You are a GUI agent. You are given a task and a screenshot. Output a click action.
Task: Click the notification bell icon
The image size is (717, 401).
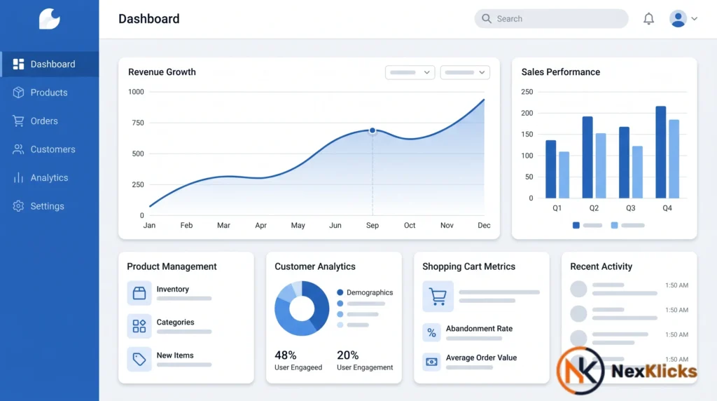[x=648, y=19]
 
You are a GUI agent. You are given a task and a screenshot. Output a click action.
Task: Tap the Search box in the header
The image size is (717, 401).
[x=551, y=19]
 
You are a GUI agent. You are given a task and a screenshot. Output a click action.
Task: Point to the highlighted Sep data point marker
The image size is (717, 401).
[x=373, y=130]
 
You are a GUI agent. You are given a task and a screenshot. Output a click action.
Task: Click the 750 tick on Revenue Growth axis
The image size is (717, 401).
[x=138, y=123]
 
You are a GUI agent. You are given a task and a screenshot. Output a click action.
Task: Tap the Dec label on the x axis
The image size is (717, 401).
[x=484, y=225]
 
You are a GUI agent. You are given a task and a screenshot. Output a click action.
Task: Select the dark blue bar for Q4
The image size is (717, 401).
[x=661, y=152]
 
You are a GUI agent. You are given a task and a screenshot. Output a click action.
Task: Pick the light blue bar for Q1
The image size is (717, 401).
[x=564, y=175]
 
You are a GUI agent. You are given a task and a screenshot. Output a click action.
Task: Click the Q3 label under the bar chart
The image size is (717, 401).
[x=631, y=208]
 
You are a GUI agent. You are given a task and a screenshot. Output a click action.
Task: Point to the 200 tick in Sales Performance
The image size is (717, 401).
[x=527, y=113]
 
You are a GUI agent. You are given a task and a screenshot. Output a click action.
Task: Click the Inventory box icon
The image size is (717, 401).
[x=139, y=293]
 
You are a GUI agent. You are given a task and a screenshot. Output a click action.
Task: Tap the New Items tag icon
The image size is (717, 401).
[x=139, y=360]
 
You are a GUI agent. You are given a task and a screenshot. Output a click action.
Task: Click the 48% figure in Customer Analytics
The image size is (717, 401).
[x=286, y=355]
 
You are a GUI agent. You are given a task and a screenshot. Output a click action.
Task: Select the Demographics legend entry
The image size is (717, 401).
[x=365, y=292]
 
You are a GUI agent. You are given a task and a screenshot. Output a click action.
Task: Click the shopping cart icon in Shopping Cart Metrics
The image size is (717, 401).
[x=438, y=296]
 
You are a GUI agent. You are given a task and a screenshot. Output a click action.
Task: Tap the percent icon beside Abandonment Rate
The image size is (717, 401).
[x=431, y=333]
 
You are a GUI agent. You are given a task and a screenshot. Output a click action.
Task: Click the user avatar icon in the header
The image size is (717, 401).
[x=678, y=19]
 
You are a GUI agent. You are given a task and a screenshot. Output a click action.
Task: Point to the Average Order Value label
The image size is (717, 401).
[x=481, y=358]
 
